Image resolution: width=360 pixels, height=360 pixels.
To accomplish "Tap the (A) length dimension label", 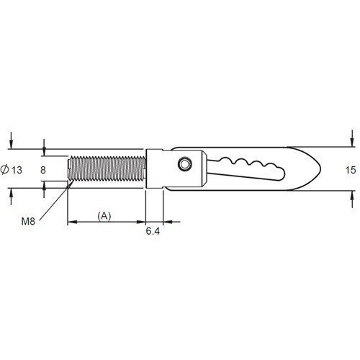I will coord(105,215).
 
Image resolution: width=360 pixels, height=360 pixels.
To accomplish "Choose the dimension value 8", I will coord(45,170).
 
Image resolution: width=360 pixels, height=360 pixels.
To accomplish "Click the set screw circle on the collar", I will coord(186,165).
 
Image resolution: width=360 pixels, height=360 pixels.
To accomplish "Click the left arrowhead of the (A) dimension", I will coord(71,222).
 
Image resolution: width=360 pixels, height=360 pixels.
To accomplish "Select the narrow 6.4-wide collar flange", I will coord(154,170).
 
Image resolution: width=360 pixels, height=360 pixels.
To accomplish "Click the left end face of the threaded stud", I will coord(68,170).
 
